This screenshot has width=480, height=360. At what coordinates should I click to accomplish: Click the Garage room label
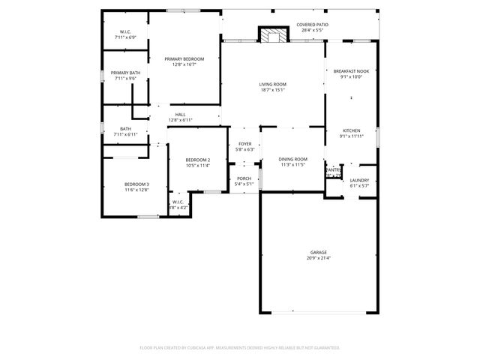(319, 252)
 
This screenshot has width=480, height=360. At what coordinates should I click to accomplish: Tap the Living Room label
(272, 84)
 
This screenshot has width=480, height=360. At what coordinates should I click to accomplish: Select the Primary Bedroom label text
(184, 58)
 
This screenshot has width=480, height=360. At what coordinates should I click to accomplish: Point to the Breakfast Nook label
(352, 70)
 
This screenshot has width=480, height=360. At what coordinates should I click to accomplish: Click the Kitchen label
(352, 130)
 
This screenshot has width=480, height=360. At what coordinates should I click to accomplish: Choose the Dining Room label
(292, 159)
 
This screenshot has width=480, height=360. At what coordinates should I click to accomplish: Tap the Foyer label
(245, 144)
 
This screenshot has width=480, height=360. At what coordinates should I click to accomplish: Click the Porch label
(244, 178)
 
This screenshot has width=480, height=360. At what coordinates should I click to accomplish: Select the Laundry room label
(358, 180)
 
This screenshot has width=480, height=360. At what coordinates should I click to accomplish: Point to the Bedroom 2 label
(198, 160)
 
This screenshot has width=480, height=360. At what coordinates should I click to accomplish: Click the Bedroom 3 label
(136, 184)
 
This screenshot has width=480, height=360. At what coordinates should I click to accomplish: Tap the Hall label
(181, 115)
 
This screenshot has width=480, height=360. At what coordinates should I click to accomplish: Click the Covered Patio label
(312, 25)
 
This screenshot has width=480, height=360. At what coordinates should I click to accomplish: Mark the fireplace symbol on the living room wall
(273, 35)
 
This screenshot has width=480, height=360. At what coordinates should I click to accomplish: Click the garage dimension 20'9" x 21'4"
(319, 258)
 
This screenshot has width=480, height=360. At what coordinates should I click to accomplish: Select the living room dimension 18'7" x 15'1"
(272, 90)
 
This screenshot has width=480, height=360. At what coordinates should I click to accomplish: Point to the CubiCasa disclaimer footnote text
(240, 348)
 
